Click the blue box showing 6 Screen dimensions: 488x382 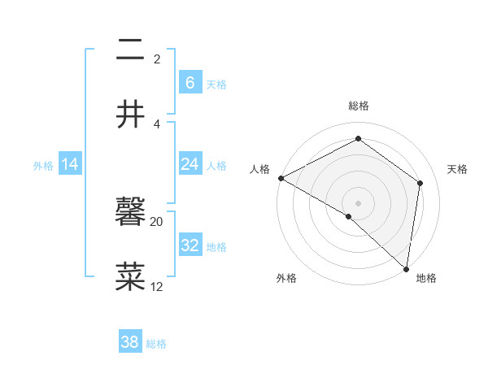click(190, 82)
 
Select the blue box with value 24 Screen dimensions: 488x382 click(190, 164)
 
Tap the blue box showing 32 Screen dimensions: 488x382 click(190, 245)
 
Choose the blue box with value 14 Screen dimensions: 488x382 click(70, 164)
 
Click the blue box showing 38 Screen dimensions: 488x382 click(130, 342)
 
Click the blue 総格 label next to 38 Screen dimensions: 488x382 click(156, 344)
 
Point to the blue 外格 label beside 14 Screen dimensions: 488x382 click(43, 166)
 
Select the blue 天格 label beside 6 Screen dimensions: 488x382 click(216, 84)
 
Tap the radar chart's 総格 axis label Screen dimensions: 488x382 click(358, 106)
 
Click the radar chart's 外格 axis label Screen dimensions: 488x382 click(286, 279)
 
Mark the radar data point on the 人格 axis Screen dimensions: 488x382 click(281, 178)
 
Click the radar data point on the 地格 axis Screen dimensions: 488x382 click(406, 268)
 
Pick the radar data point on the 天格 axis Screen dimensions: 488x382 click(420, 183)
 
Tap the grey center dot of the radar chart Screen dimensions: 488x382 click(358, 202)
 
